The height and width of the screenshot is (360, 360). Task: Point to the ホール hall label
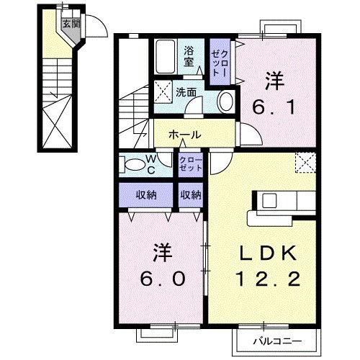point(185,135)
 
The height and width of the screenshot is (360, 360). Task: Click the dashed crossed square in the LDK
point(307,163)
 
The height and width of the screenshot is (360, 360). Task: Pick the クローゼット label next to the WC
point(190,163)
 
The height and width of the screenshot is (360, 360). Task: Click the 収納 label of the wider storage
point(147,194)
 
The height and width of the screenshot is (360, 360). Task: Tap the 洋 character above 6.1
point(273,79)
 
